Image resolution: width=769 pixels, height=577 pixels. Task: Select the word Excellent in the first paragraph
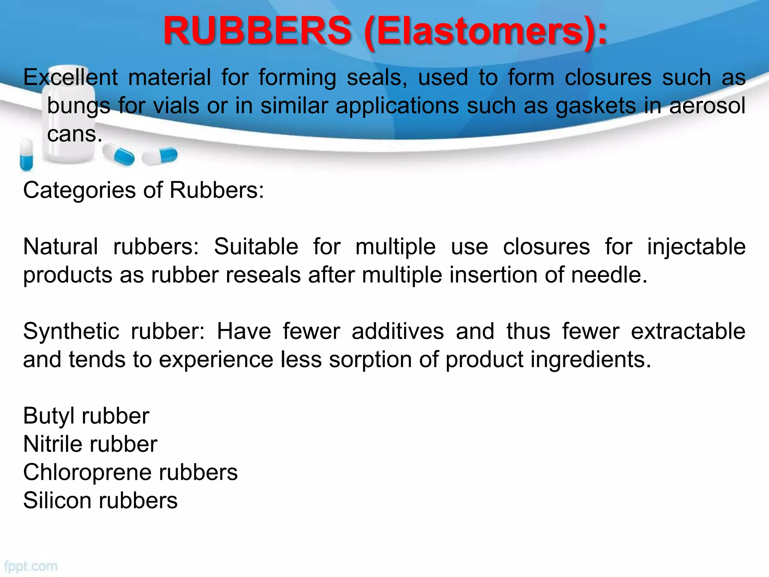click(71, 77)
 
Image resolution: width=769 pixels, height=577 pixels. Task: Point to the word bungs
click(78, 106)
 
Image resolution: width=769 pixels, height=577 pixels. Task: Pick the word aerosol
click(707, 106)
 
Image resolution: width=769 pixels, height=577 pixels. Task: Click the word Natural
click(60, 247)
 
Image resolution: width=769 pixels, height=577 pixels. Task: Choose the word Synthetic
click(71, 332)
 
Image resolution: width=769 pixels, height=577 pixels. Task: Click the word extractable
click(688, 331)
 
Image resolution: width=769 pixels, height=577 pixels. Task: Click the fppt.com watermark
click(31, 566)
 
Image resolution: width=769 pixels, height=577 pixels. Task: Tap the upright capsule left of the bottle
click(26, 154)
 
